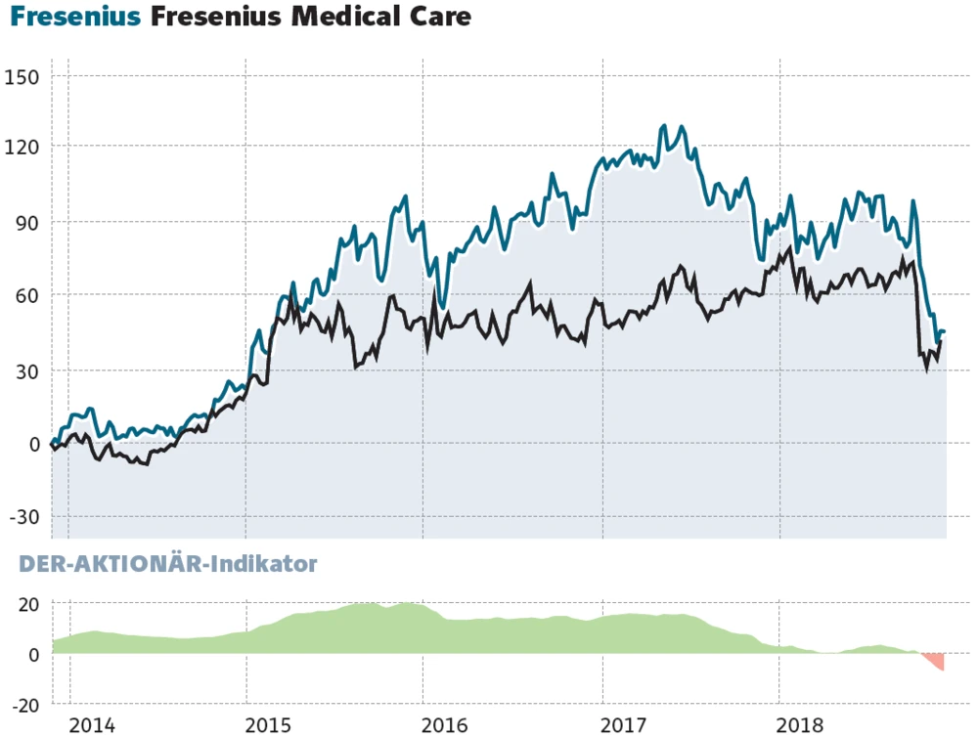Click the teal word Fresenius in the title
pos(75,18)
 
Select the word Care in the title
pos(438,18)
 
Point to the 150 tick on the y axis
pos(22,76)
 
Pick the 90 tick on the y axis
pos(26,223)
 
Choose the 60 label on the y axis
pos(26,295)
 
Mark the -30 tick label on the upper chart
pos(23,516)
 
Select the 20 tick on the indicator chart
pos(26,604)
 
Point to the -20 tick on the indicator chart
pos(23,704)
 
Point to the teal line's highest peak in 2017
pos(664,126)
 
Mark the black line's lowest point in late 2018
pos(927,369)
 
